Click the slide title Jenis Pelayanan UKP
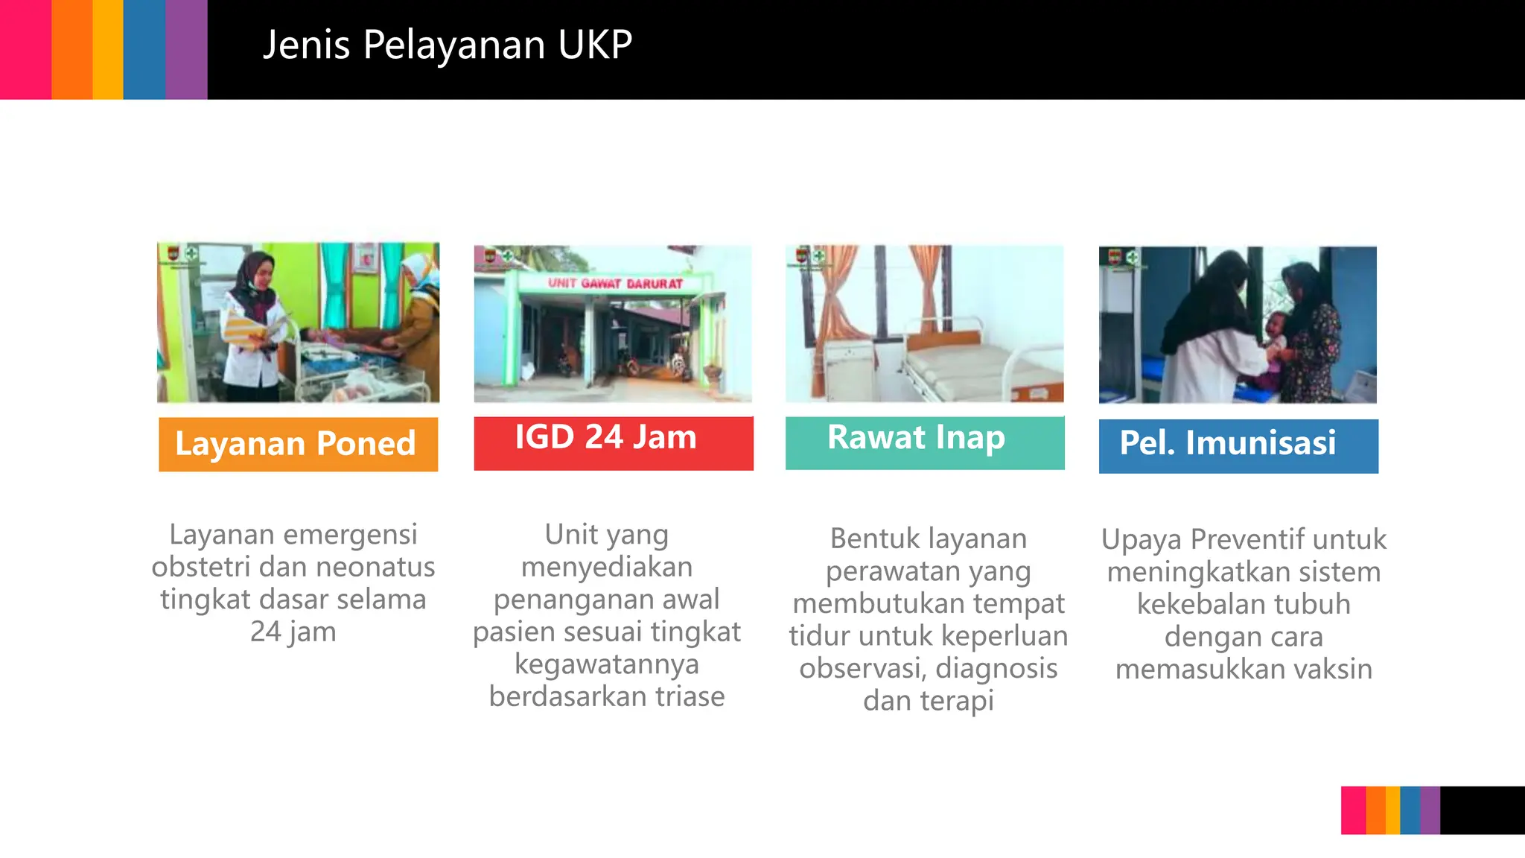448,45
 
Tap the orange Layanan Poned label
298,444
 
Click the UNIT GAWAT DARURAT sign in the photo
615,284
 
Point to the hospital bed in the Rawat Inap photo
975,365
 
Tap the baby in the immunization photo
1275,339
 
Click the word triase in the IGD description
690,696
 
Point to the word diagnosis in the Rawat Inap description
996,669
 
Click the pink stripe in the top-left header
25,49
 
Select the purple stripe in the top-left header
186,49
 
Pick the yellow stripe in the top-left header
108,49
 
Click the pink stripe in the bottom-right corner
1353,810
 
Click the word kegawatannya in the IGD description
606,664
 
